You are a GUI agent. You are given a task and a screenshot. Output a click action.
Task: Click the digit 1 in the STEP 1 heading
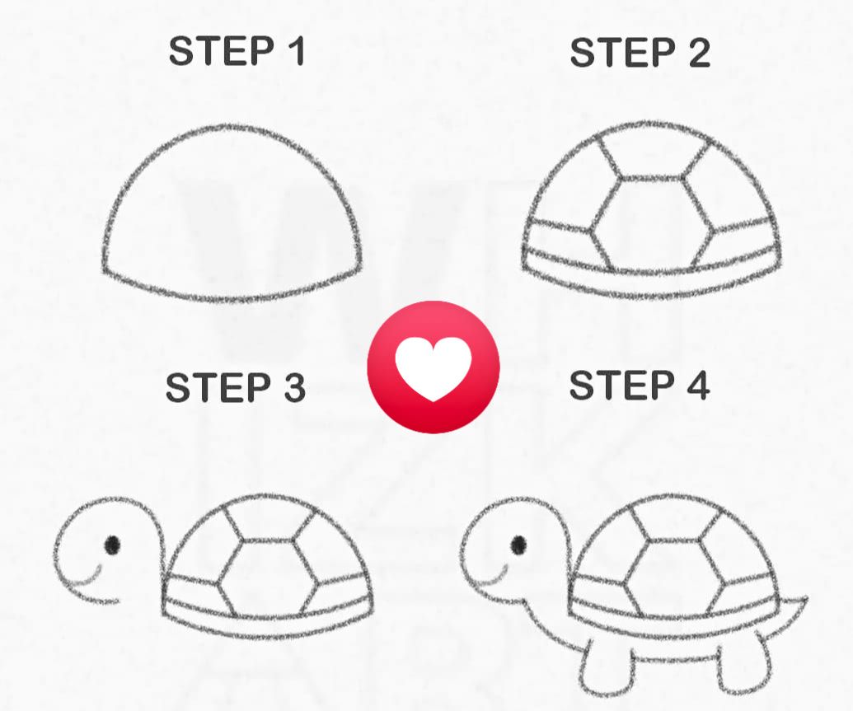pyautogui.click(x=296, y=51)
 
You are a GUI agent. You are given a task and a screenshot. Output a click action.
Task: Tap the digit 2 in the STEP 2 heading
pyautogui.click(x=700, y=53)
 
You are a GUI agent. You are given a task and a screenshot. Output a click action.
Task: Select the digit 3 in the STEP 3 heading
pyautogui.click(x=294, y=388)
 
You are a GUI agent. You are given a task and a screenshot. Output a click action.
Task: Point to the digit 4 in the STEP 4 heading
pyautogui.click(x=698, y=385)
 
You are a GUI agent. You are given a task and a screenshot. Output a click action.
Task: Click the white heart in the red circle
pyautogui.click(x=433, y=368)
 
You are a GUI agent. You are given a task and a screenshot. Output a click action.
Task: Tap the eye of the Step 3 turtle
pyautogui.click(x=112, y=545)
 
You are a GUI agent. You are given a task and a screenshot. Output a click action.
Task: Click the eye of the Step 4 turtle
pyautogui.click(x=518, y=545)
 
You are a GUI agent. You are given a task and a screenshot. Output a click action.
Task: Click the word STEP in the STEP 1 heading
pyautogui.click(x=222, y=51)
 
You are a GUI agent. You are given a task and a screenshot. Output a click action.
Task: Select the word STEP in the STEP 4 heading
pyautogui.click(x=621, y=385)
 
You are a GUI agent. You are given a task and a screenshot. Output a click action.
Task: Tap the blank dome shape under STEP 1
pyautogui.click(x=232, y=213)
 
